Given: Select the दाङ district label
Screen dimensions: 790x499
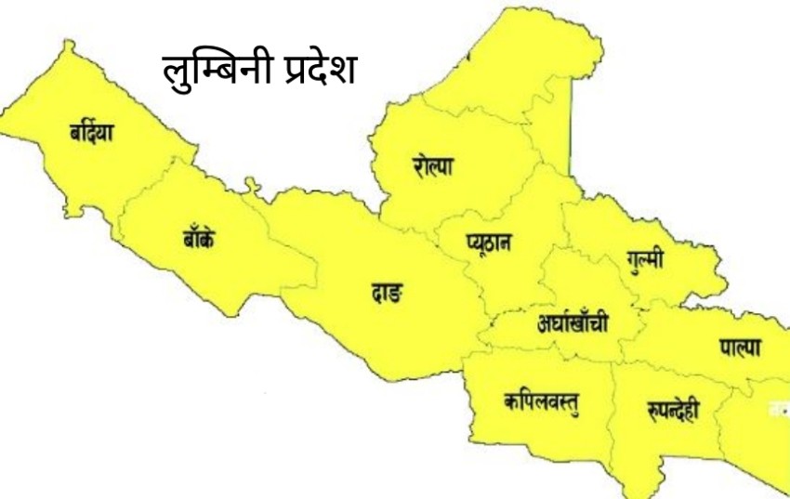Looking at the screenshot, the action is pos(382,295).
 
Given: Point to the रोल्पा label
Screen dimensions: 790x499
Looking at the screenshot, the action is pos(434,166).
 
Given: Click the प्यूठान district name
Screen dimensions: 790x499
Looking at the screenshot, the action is pos(489,243).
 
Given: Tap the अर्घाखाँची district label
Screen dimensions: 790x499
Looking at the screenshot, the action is pos(573,324).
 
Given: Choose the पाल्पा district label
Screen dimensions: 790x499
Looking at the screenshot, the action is pos(740,348).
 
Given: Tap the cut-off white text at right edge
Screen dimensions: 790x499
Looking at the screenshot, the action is pos(780,408).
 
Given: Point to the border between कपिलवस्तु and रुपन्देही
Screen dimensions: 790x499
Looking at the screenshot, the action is pos(611,409).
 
